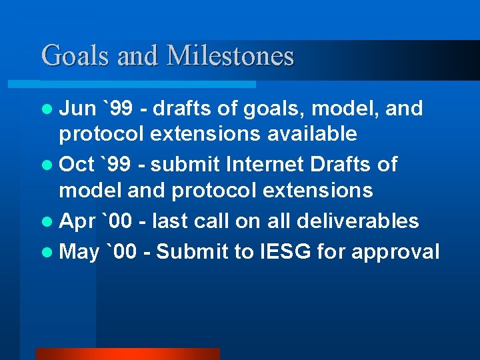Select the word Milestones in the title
point(230,55)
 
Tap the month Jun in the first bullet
point(77,108)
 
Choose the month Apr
point(77,221)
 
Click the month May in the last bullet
point(79,251)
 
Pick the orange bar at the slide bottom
point(127,354)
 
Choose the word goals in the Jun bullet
point(271,108)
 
